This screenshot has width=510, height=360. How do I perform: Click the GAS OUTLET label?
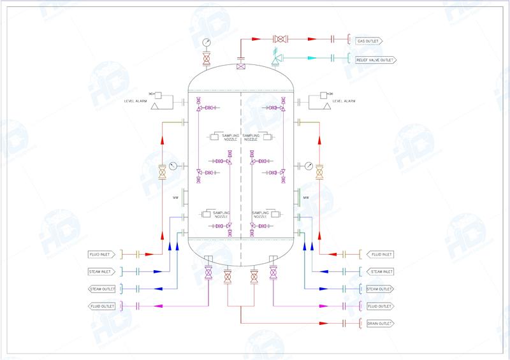(x=368, y=40)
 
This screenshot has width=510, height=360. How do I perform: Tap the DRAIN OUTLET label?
(x=379, y=324)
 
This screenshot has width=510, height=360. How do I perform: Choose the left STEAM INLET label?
(x=100, y=271)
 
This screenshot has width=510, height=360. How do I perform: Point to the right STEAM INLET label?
(x=381, y=271)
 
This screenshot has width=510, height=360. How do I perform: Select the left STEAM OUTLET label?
(x=100, y=289)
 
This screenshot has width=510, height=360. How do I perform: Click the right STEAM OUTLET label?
(x=380, y=289)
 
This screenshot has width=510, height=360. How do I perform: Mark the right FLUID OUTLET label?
(x=379, y=306)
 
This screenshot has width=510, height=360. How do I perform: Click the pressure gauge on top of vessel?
(x=207, y=43)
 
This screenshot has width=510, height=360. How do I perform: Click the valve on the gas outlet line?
(x=279, y=40)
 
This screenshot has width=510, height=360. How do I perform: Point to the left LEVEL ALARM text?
(x=136, y=101)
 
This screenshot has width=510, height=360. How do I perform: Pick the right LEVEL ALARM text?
(x=344, y=101)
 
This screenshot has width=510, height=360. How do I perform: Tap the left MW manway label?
(x=175, y=198)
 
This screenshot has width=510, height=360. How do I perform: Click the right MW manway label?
(x=306, y=198)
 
